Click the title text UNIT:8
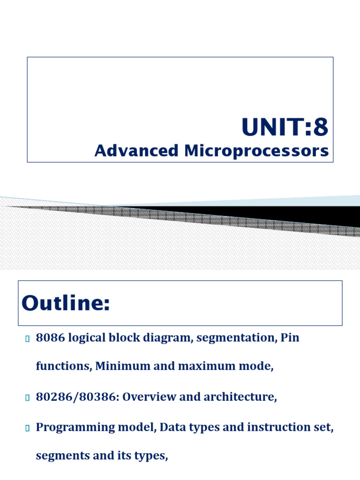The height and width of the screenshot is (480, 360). pyautogui.click(x=285, y=127)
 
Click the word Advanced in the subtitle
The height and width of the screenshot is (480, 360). pyautogui.click(x=136, y=151)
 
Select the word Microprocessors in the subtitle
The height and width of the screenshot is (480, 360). pyautogui.click(x=255, y=151)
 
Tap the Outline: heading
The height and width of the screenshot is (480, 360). pyautogui.click(x=66, y=304)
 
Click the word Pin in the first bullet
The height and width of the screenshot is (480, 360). pyautogui.click(x=290, y=338)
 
